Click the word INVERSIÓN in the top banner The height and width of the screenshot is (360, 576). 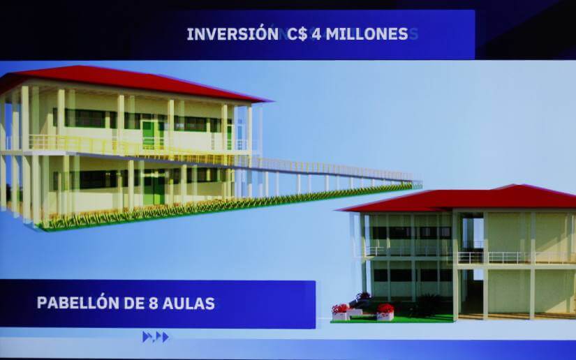(x=232, y=34)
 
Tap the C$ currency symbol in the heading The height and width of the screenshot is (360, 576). (x=297, y=34)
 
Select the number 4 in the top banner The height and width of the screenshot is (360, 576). (x=316, y=34)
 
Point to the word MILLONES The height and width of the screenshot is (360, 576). (x=367, y=34)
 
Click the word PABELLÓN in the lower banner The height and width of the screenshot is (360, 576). (x=78, y=303)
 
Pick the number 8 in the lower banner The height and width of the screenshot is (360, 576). (x=153, y=303)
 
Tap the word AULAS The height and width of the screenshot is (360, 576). (x=189, y=303)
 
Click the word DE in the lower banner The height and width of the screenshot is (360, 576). (x=134, y=303)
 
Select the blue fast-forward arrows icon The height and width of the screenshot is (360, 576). (x=156, y=336)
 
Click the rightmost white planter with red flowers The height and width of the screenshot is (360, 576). (x=385, y=312)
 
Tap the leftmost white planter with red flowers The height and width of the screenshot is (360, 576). (x=340, y=312)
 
